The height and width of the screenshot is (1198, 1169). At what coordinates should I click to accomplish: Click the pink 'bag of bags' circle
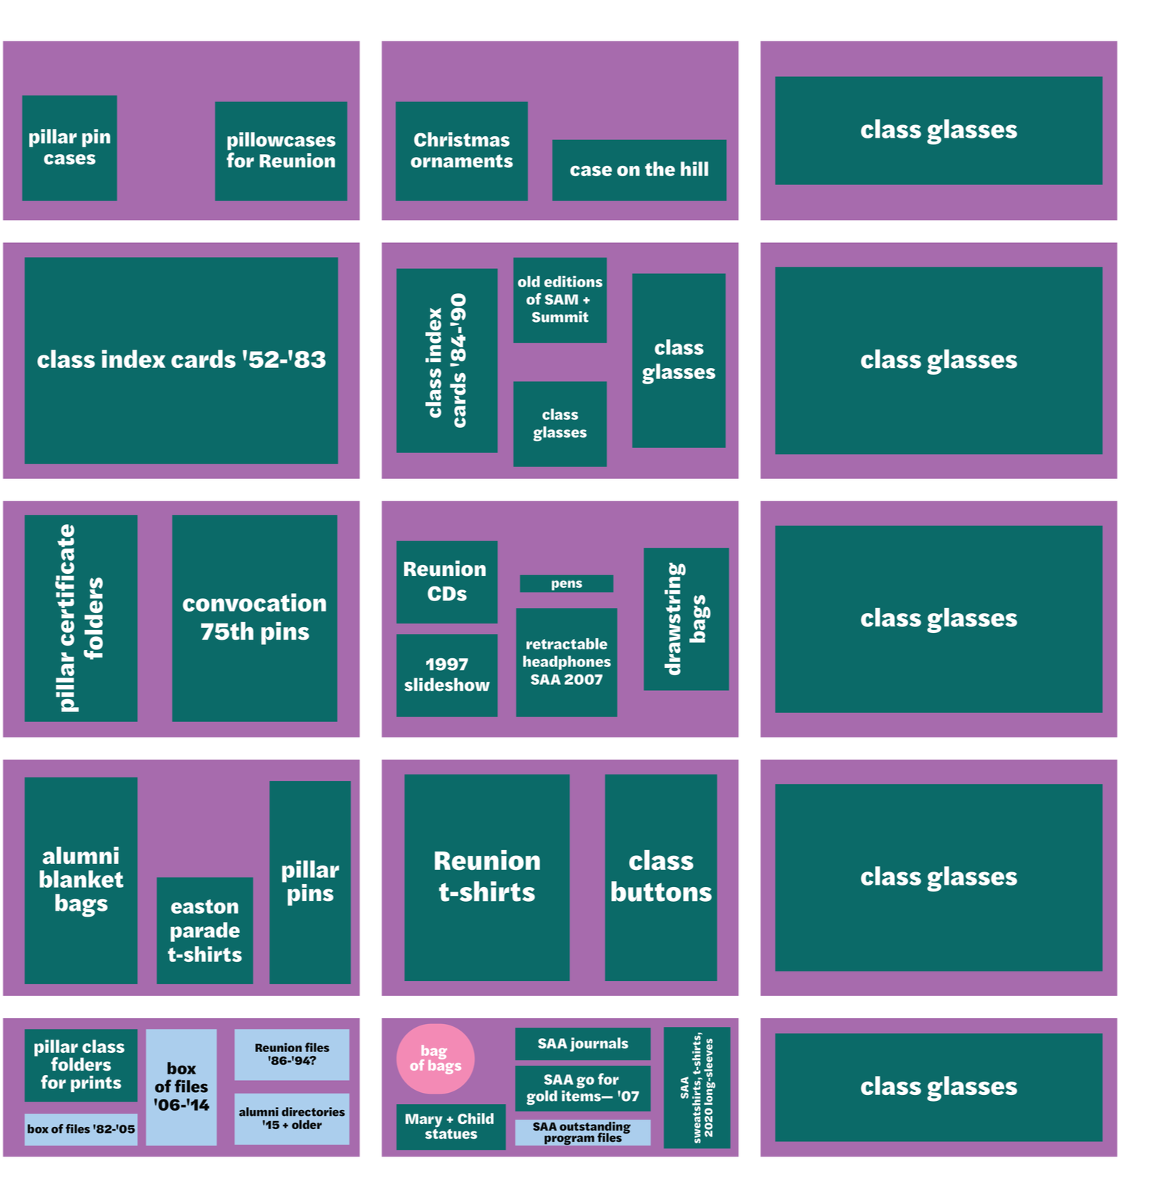coord(435,1058)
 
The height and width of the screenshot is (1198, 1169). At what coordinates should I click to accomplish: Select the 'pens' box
coord(566,583)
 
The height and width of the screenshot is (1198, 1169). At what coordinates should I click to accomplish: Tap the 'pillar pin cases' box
coord(69,147)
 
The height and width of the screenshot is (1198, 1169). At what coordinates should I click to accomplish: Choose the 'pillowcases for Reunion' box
coord(281,150)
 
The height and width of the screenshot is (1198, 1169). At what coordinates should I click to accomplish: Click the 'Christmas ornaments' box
coord(461,150)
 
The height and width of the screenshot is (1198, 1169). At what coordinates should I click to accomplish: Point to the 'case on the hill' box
coord(639,170)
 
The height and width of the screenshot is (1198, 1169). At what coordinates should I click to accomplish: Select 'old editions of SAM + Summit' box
coord(559,300)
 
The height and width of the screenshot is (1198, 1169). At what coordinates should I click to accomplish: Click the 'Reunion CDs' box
coord(446,581)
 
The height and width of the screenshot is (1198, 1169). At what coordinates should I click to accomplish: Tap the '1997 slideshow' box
coord(446,675)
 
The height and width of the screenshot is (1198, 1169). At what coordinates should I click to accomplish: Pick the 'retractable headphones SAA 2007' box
coord(566,661)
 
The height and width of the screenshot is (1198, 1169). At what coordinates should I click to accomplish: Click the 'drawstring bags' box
coord(685,618)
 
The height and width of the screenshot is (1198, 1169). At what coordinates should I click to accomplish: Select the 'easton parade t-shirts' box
coord(204,930)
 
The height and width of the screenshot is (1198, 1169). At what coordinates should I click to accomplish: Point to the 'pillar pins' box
coord(310,882)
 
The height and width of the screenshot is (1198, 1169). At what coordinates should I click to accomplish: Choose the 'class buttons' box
coord(660,877)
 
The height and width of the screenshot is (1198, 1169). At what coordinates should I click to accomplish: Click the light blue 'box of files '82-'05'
coord(81,1129)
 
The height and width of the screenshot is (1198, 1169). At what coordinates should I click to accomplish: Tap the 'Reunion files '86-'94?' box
coord(291,1054)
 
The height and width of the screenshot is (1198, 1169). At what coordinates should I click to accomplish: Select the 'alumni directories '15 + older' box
coord(291,1118)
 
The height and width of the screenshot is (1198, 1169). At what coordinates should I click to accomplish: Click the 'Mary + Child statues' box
coord(450,1126)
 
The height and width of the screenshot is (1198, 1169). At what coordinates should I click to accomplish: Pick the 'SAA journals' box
coord(582,1043)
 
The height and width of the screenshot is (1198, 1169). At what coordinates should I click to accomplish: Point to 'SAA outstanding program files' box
coord(582,1131)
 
